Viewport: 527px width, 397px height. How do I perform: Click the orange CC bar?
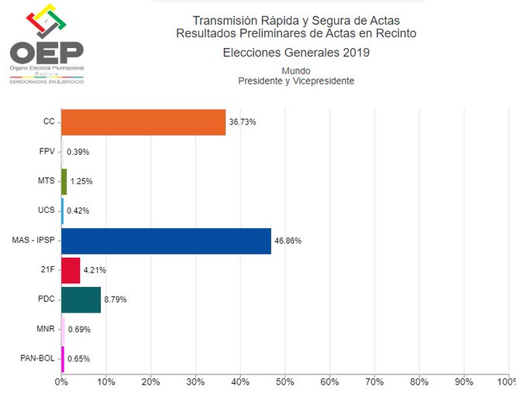[x=143, y=122]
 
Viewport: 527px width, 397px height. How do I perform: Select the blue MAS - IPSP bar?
[x=166, y=241]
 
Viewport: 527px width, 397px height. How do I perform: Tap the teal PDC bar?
[x=81, y=299]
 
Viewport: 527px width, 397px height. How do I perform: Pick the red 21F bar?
[x=71, y=270]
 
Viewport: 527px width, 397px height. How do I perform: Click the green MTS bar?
[x=64, y=181]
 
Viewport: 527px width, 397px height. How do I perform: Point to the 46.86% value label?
[x=288, y=241]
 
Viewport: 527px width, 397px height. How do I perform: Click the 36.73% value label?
[x=242, y=122]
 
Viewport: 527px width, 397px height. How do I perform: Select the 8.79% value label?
[x=115, y=299]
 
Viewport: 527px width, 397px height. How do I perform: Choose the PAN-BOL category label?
[x=37, y=358]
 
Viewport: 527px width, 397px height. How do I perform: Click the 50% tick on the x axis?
[x=285, y=382]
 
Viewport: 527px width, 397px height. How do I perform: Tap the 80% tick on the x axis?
[x=419, y=382]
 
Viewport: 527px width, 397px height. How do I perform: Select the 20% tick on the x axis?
[x=151, y=382]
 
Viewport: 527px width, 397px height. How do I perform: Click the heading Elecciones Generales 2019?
[x=296, y=53]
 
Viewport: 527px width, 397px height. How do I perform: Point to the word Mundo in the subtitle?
[x=296, y=71]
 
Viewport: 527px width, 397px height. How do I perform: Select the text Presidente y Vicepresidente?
[x=296, y=81]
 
